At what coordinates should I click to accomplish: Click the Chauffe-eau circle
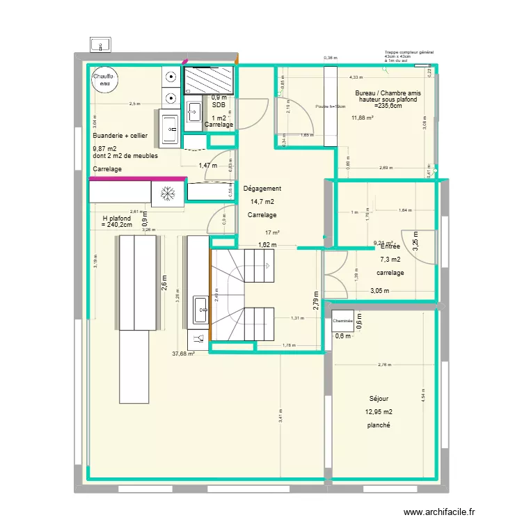click(104, 80)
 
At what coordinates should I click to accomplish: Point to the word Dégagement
click(262, 189)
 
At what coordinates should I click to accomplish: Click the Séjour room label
click(379, 399)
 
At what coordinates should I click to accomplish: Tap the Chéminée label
click(343, 321)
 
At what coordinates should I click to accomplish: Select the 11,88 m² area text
click(363, 118)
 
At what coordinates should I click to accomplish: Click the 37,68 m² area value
click(183, 354)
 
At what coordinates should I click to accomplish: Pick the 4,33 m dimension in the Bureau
click(356, 77)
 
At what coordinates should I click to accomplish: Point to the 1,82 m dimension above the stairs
click(267, 244)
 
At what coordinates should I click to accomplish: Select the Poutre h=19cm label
click(331, 106)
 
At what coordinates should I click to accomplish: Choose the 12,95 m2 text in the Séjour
click(379, 412)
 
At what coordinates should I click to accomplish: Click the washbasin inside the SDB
click(195, 111)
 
